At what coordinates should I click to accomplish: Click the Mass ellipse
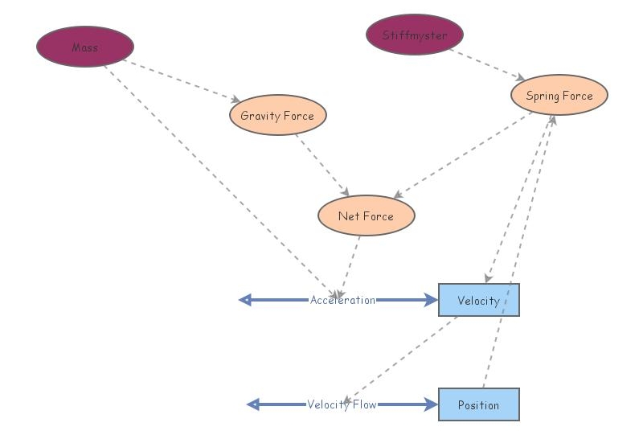pyautogui.click(x=84, y=47)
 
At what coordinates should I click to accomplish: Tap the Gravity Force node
pyautogui.click(x=277, y=115)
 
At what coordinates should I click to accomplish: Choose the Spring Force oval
pyautogui.click(x=559, y=96)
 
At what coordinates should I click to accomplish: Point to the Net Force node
pyautogui.click(x=366, y=215)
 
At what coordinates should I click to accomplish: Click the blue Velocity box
pyautogui.click(x=478, y=300)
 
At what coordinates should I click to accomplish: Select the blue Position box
pyautogui.click(x=478, y=404)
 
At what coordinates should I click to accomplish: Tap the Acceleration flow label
pyautogui.click(x=342, y=300)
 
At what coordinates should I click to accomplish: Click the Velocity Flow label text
pyautogui.click(x=342, y=404)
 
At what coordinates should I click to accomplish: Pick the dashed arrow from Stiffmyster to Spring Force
pyautogui.click(x=486, y=64)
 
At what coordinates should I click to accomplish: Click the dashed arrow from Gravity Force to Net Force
pyautogui.click(x=321, y=166)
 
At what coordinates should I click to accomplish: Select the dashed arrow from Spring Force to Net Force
pyautogui.click(x=462, y=154)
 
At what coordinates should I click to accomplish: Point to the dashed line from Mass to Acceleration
pyautogui.click(x=217, y=178)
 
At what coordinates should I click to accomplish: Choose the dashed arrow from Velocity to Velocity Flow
pyautogui.click(x=402, y=358)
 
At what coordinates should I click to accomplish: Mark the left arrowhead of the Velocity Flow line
pyautogui.click(x=252, y=404)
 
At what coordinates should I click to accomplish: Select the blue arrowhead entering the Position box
pyautogui.click(x=432, y=404)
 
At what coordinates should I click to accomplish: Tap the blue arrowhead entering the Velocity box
pyautogui.click(x=432, y=300)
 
